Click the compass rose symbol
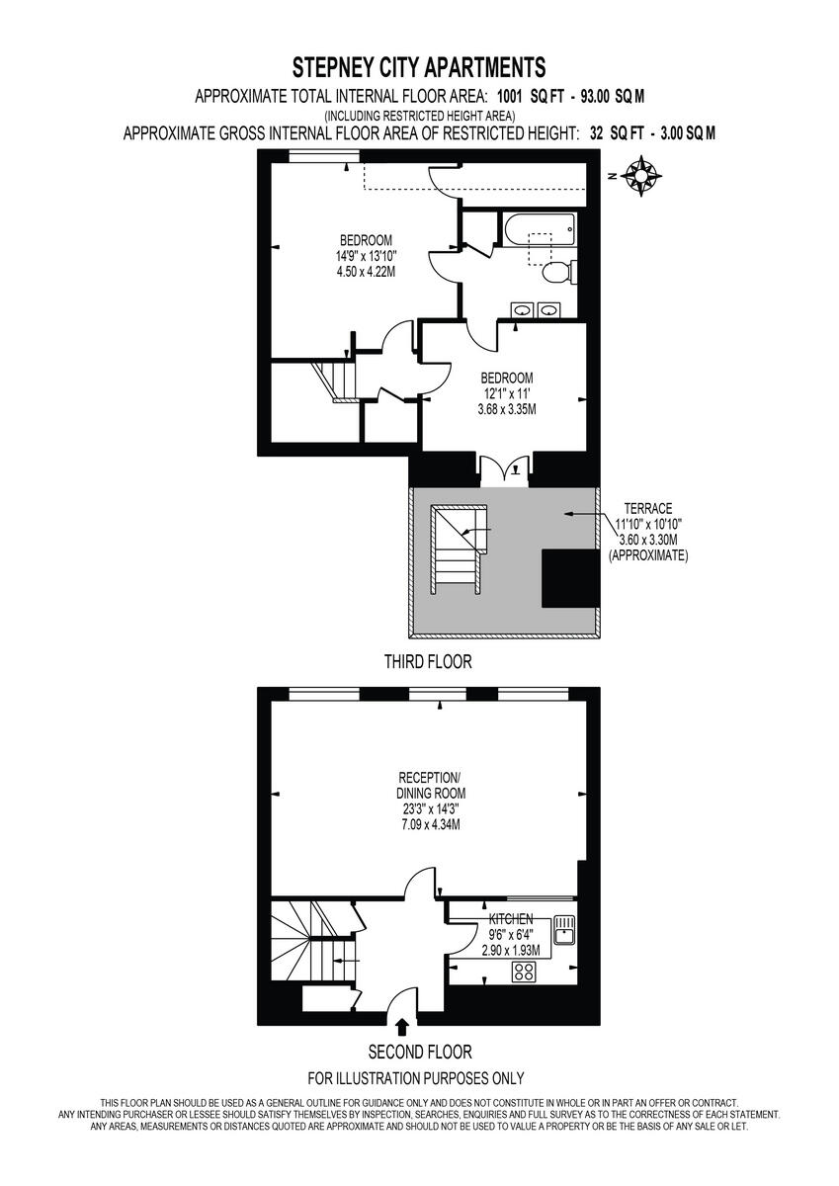click(x=642, y=176)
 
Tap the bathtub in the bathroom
click(x=538, y=230)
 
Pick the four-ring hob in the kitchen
click(x=524, y=972)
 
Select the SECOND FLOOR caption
click(x=420, y=1052)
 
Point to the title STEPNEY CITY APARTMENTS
click(x=419, y=68)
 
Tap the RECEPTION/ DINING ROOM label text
click(x=425, y=786)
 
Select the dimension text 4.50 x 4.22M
click(x=366, y=272)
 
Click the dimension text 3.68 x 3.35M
click(x=507, y=409)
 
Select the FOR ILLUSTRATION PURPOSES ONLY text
click(x=416, y=1078)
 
